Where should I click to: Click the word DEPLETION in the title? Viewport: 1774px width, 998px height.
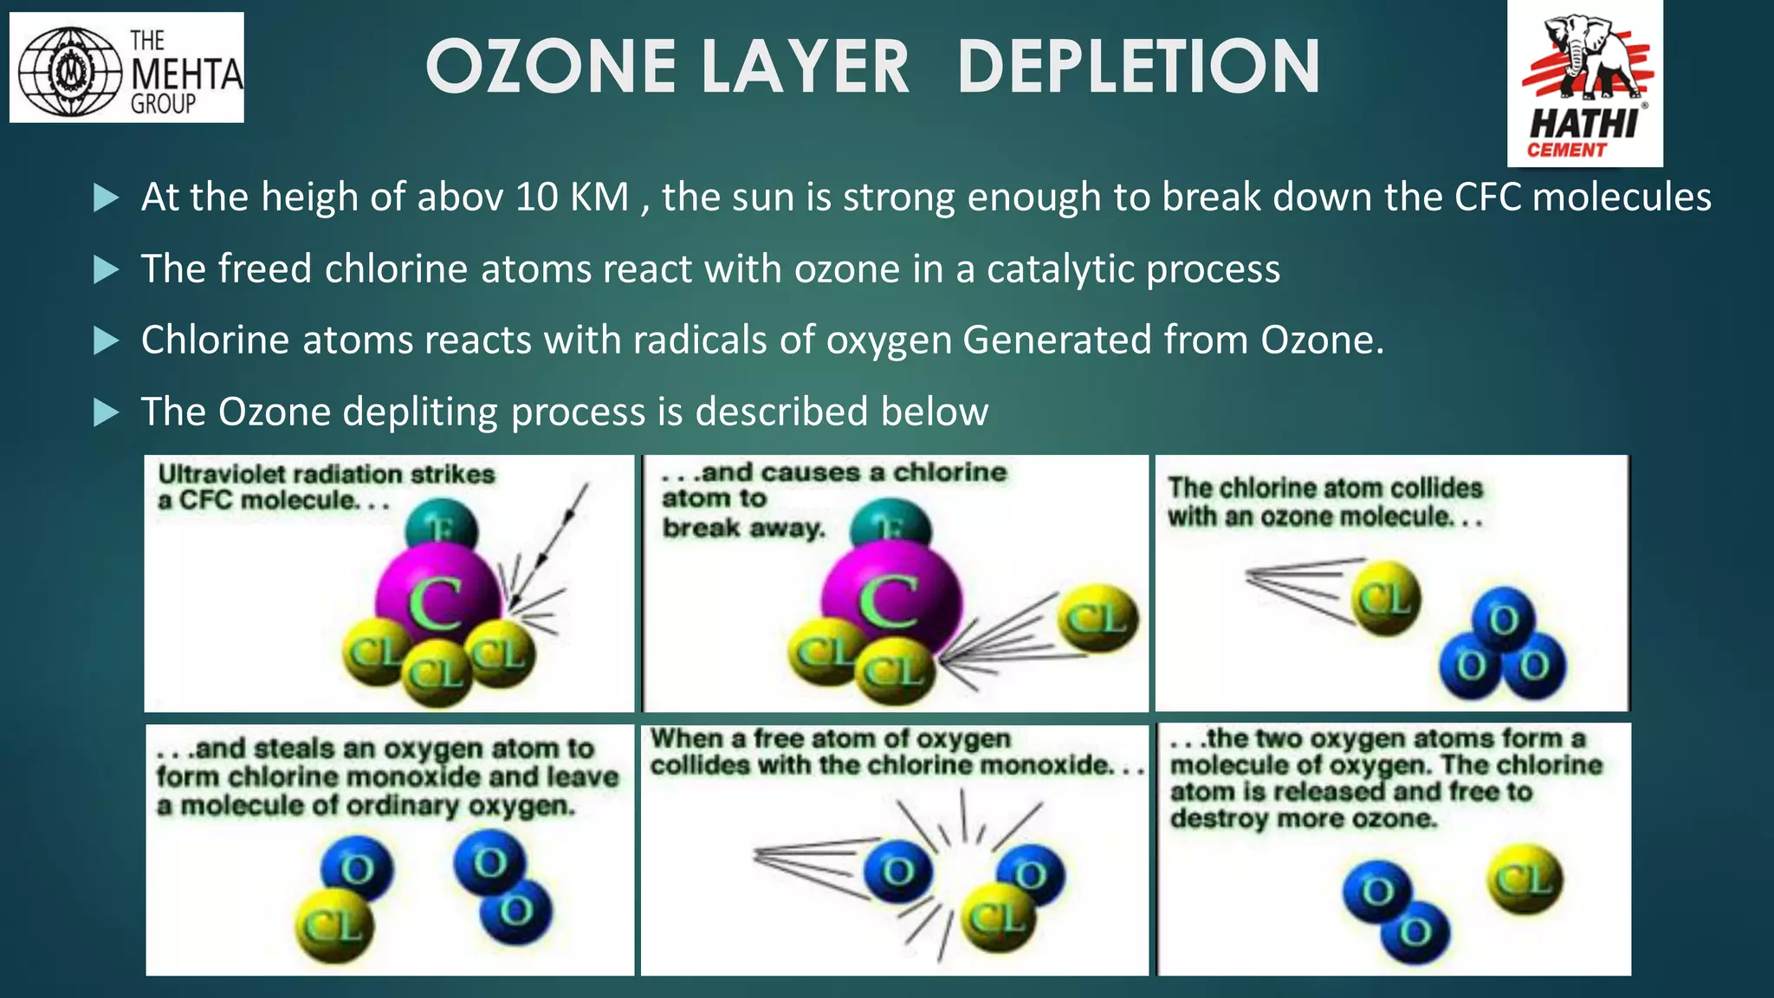coord(1139,67)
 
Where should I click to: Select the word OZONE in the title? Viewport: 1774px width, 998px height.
coord(551,67)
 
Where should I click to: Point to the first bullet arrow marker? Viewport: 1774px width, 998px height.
coord(106,198)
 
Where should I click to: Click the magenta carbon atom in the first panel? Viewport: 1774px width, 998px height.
coord(437,597)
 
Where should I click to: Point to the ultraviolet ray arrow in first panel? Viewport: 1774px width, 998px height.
coord(561,528)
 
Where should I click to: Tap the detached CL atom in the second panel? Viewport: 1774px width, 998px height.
coord(1097,619)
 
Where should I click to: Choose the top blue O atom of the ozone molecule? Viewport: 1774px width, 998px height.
coord(1503,619)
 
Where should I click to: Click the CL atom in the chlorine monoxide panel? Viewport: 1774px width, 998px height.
coord(334,926)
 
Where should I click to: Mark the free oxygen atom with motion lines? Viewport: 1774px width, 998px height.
coord(897,871)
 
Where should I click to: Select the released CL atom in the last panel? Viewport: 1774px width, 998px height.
coord(1525,879)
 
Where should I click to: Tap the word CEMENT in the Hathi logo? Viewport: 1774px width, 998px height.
coord(1566,150)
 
